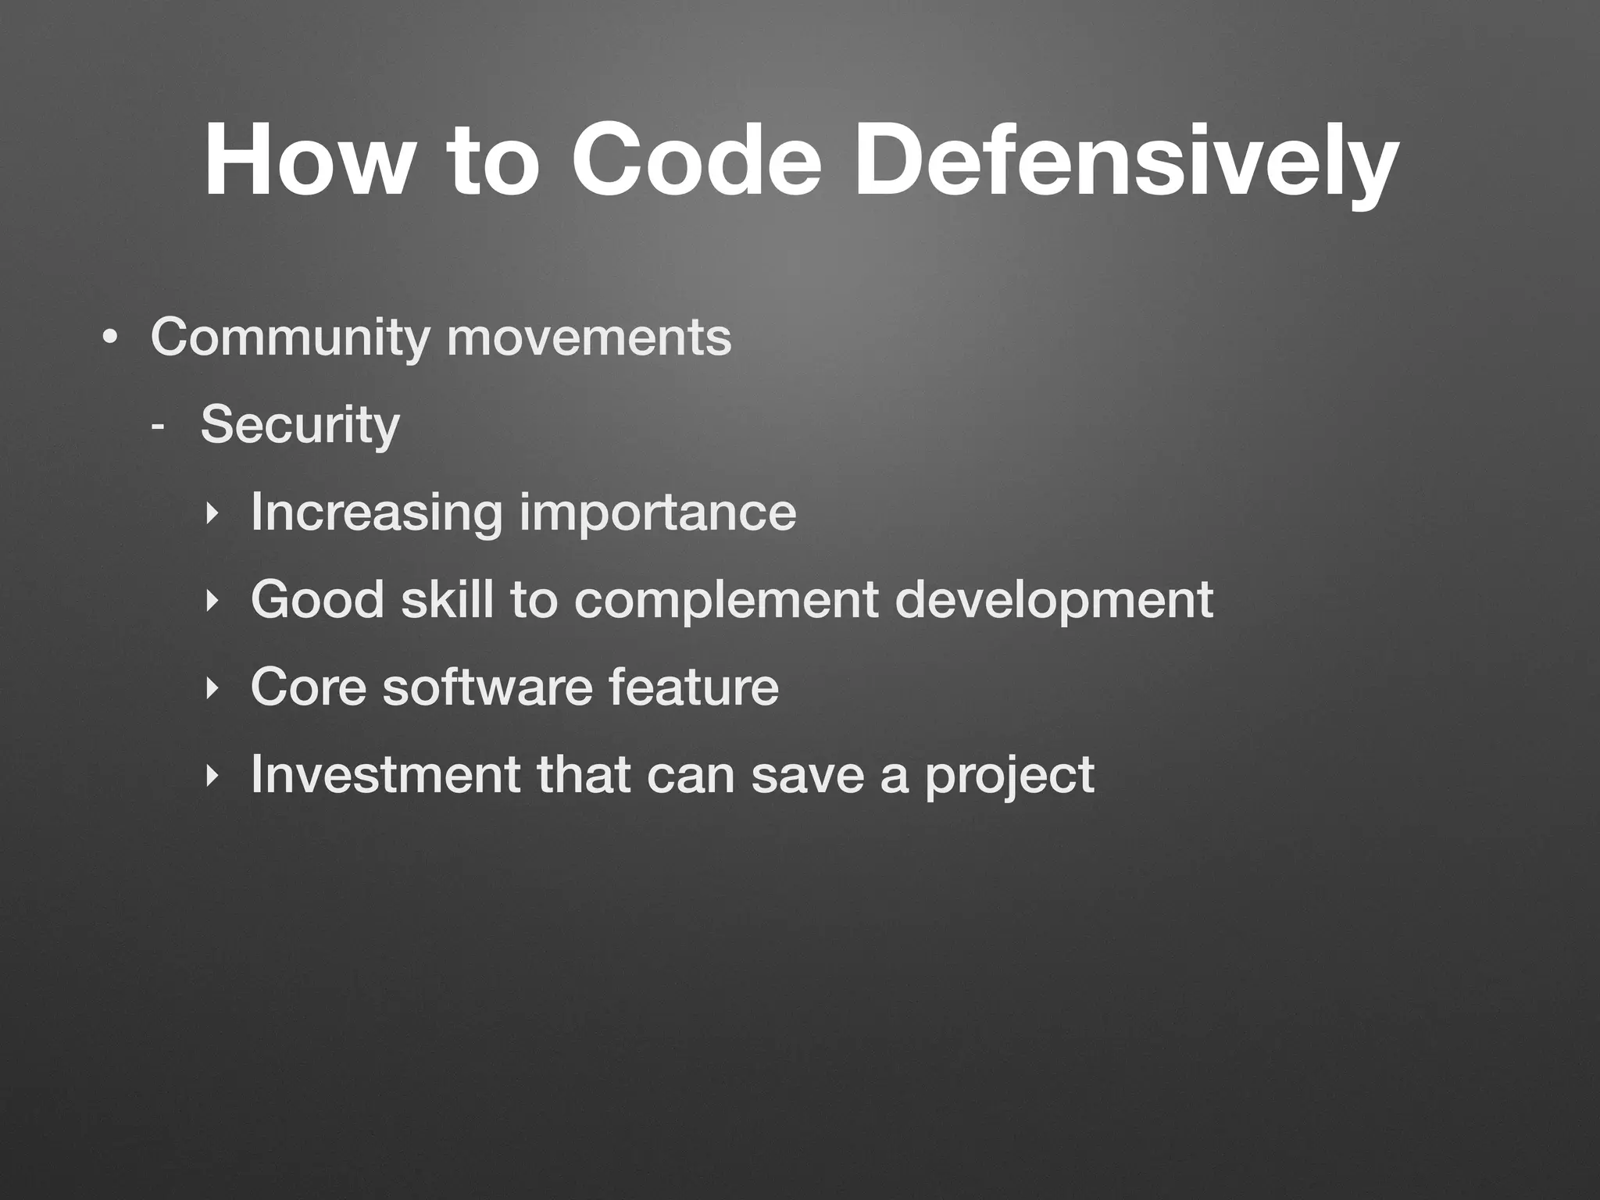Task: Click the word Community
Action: click(x=290, y=338)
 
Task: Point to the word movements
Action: click(x=589, y=338)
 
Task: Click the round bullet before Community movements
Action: click(x=110, y=339)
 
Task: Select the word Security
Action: click(x=300, y=427)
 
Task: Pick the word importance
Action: click(x=658, y=513)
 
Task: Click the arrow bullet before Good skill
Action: click(x=209, y=601)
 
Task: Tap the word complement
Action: click(x=727, y=601)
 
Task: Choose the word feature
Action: click(x=693, y=687)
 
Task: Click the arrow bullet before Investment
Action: click(x=209, y=776)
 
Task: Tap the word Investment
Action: click(x=385, y=775)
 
